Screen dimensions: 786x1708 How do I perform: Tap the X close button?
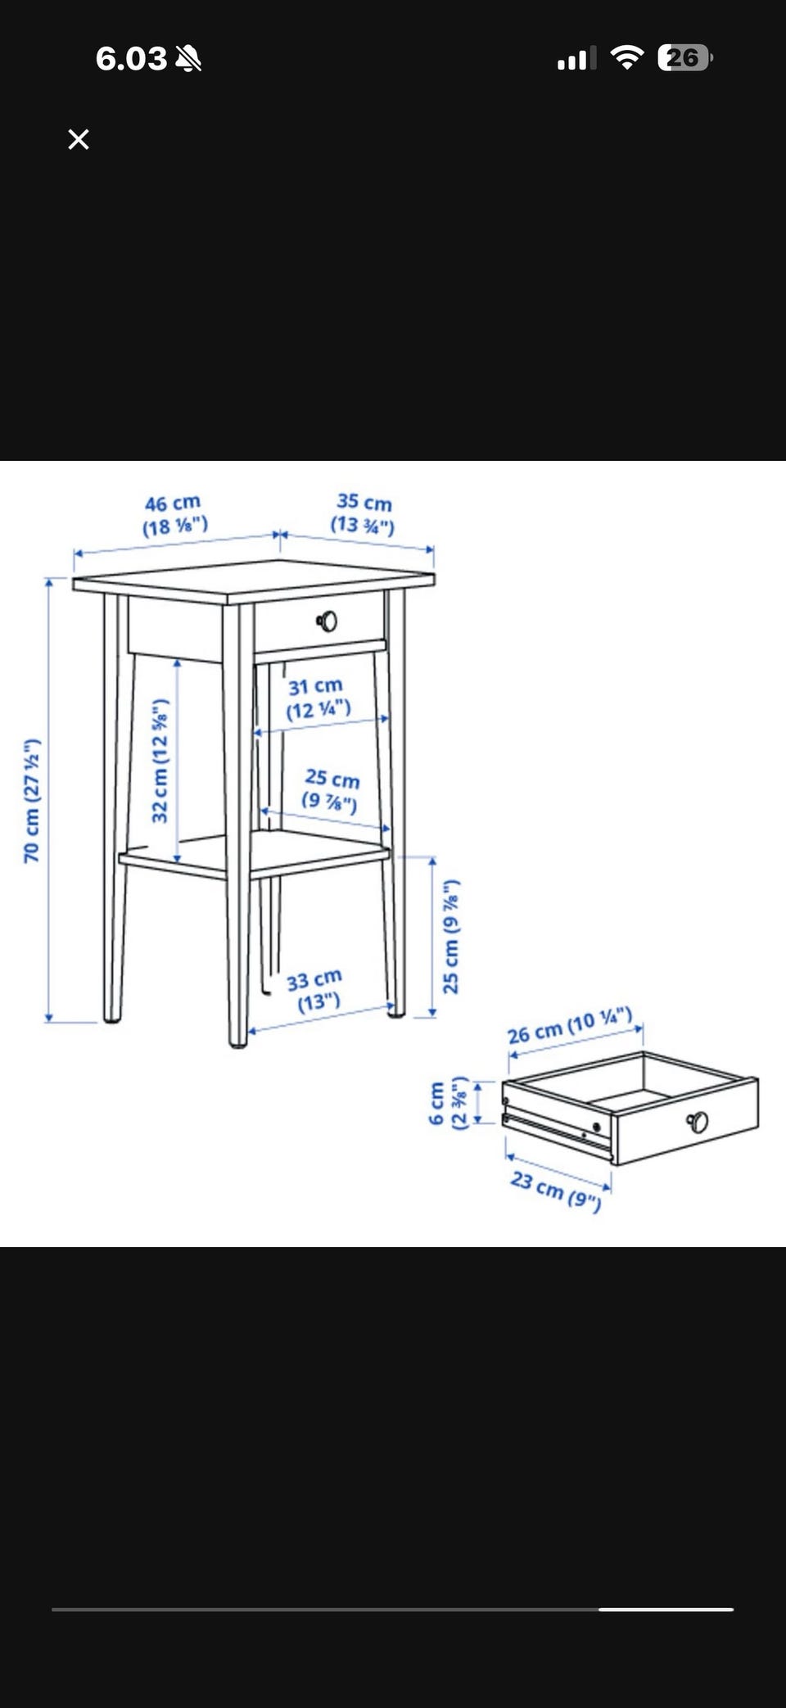coord(79,139)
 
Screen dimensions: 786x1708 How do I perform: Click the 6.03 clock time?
coord(131,58)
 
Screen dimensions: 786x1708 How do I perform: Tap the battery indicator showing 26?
coord(685,57)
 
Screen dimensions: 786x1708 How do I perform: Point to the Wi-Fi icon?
coord(627,57)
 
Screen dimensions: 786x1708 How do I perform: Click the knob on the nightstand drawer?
coord(327,621)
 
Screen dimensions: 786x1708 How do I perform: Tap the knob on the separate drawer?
coord(698,1121)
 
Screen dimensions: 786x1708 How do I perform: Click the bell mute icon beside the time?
coord(187,58)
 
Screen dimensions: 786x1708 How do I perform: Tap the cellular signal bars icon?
coord(576,58)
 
